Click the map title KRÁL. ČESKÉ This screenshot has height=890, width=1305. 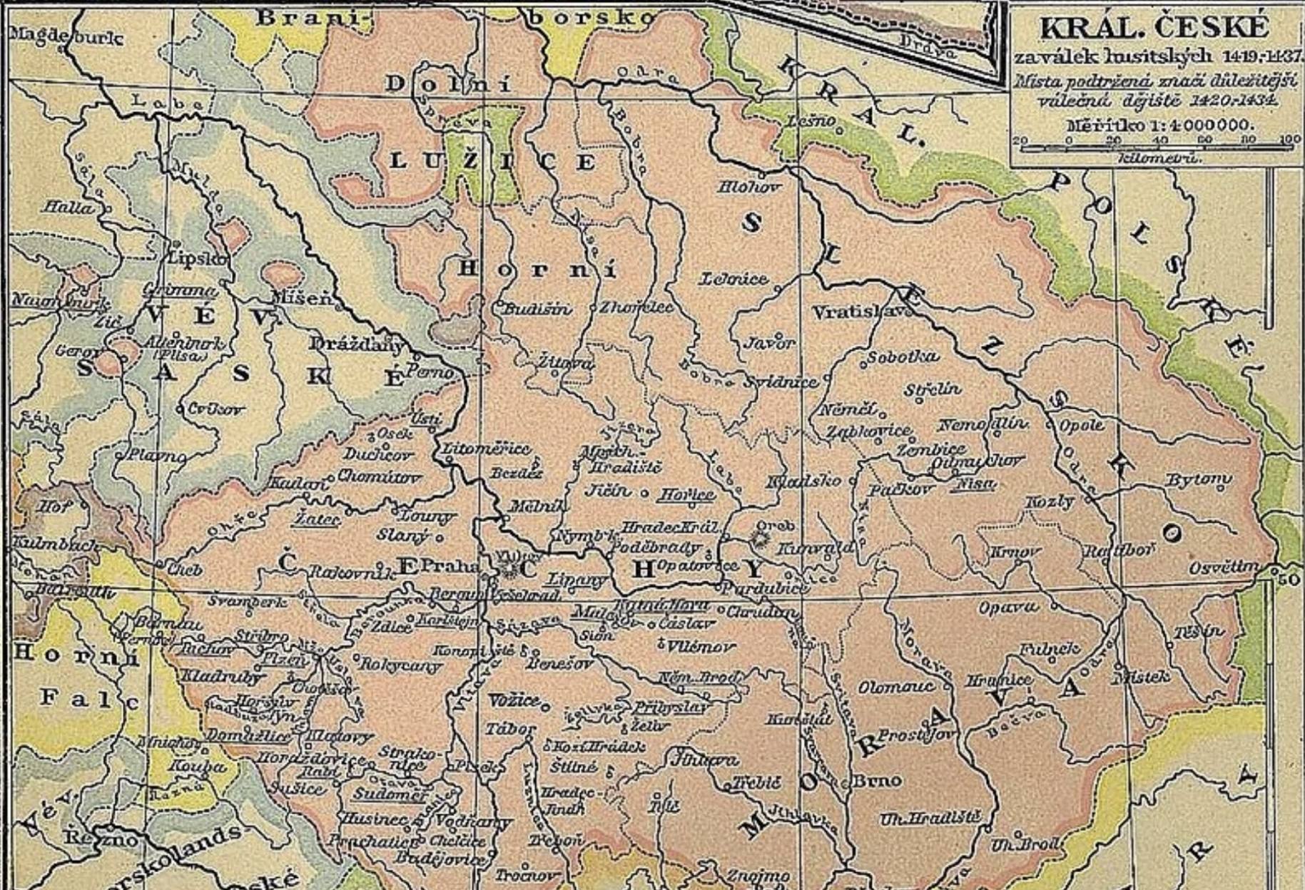click(1154, 29)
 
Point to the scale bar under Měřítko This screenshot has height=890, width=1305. click(1159, 148)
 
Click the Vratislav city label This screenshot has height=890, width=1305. click(860, 312)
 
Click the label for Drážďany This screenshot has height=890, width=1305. click(356, 344)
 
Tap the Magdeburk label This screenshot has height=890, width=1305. click(66, 37)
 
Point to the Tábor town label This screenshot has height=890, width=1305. click(509, 730)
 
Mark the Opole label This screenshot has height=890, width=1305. click(1081, 425)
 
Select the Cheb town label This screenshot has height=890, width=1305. click(185, 570)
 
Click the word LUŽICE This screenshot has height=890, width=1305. click(492, 162)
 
